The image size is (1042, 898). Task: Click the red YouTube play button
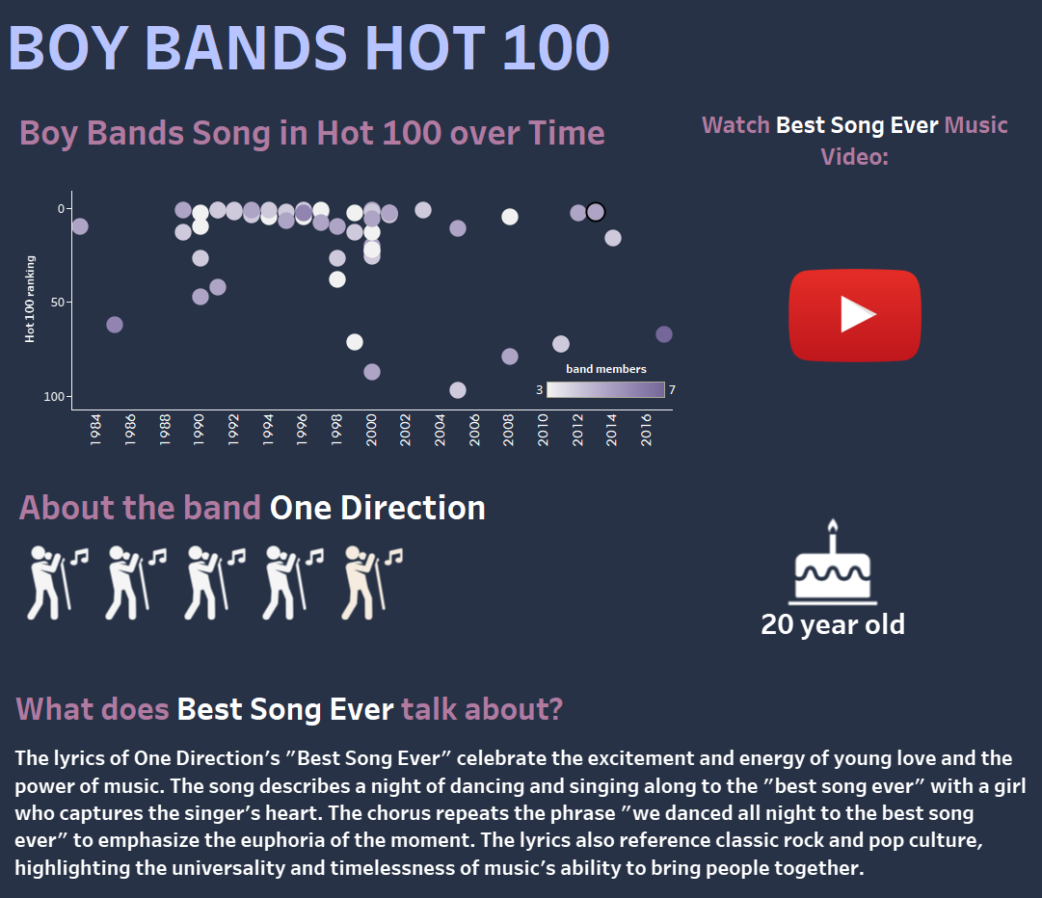click(x=855, y=315)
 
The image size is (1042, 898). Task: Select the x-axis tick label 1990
click(x=199, y=430)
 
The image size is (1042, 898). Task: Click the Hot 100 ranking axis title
click(x=29, y=299)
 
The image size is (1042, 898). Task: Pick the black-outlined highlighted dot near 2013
click(x=596, y=212)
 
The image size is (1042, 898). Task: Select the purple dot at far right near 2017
click(x=664, y=334)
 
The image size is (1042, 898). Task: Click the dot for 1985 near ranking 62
click(x=115, y=325)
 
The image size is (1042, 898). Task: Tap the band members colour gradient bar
click(x=605, y=390)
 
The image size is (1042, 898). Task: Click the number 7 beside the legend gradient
click(x=673, y=390)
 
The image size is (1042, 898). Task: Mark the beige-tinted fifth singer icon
click(x=372, y=583)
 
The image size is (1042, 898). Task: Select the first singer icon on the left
click(x=57, y=583)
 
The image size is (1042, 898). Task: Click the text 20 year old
click(x=833, y=624)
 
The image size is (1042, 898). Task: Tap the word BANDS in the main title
click(x=246, y=48)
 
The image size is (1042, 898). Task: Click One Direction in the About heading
click(x=378, y=508)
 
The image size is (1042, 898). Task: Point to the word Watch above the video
click(x=735, y=125)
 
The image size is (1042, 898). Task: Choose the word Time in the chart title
click(x=566, y=133)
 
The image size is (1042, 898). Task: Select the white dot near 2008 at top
click(x=510, y=217)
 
